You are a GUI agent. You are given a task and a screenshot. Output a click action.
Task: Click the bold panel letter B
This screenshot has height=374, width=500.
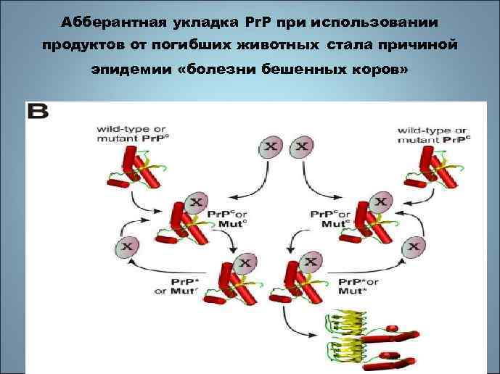click(x=38, y=111)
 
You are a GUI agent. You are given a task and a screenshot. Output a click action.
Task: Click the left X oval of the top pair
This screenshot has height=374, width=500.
click(x=270, y=147)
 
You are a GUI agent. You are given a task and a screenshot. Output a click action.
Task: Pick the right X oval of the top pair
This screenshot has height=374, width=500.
click(x=301, y=147)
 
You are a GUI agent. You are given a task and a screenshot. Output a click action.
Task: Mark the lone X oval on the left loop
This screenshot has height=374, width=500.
click(x=128, y=246)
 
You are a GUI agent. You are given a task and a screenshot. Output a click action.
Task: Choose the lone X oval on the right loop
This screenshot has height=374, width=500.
click(x=415, y=246)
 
